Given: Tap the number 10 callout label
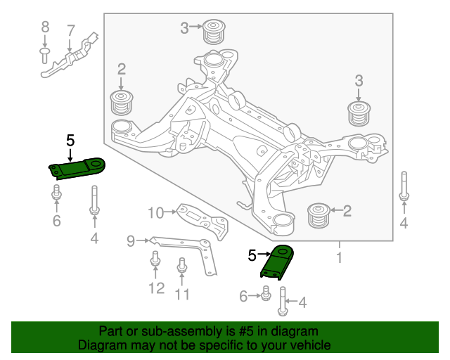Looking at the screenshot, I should tap(155, 212).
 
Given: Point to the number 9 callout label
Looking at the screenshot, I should tap(130, 241).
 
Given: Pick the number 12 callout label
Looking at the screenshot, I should tap(156, 288).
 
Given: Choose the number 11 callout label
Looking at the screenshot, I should tap(182, 294).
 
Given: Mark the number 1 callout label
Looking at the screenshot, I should tap(339, 258).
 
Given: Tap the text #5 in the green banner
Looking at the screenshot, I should tap(229, 331).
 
